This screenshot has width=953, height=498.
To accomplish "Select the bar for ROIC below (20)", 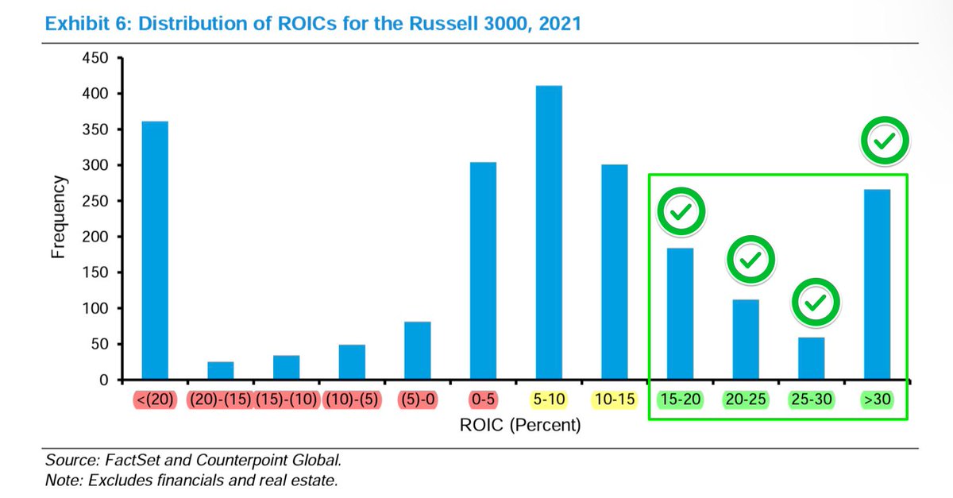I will (x=154, y=250).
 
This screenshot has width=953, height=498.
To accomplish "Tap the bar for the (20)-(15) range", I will (x=220, y=371).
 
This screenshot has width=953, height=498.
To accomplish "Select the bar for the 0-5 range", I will (x=483, y=271).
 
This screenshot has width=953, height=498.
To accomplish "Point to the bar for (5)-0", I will (x=417, y=350).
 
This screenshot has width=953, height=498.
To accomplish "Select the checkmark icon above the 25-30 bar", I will (x=813, y=302).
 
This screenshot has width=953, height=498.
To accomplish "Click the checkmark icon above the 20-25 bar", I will (x=747, y=259).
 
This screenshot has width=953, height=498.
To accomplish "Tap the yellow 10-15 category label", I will (x=615, y=400).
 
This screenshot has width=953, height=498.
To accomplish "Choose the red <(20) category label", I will (x=154, y=400).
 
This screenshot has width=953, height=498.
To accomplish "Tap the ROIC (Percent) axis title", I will (x=520, y=425).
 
